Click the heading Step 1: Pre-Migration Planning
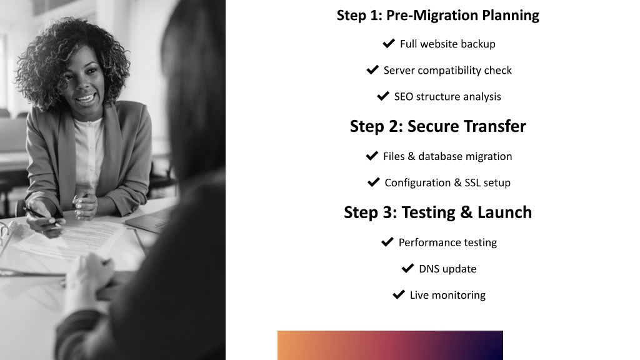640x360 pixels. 437,16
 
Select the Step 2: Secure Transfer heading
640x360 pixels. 437,126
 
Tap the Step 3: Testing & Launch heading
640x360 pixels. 437,212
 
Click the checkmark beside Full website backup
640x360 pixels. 389,43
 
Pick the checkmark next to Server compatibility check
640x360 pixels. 372,70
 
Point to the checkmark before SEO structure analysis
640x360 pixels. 383,96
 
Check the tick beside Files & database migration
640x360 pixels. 372,156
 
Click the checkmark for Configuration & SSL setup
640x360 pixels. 374,182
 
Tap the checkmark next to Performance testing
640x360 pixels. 387,242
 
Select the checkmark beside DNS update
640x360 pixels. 407,268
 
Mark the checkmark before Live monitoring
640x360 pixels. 399,295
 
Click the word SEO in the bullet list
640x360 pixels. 403,97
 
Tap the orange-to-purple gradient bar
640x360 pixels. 390,345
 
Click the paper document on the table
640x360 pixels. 74,241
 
